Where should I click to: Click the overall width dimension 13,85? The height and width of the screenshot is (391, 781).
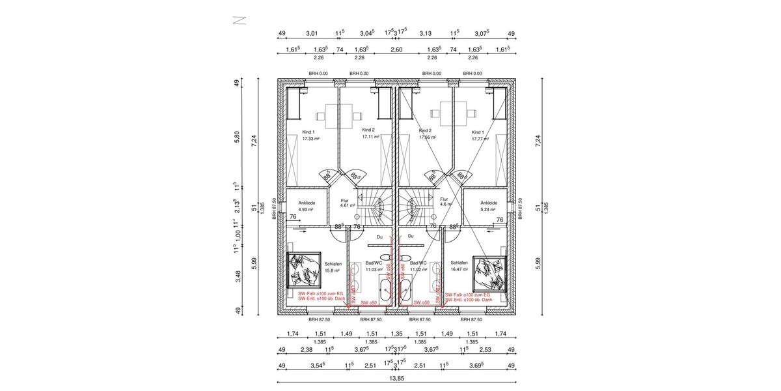pyautogui.click(x=396, y=377)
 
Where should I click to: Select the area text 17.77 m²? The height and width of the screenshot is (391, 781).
pyautogui.click(x=480, y=138)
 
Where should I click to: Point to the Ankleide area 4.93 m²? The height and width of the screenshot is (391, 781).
pyautogui.click(x=306, y=210)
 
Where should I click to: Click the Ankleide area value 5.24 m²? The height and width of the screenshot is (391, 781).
pyautogui.click(x=488, y=210)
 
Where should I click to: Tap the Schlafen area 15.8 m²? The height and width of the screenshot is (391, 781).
pyautogui.click(x=333, y=269)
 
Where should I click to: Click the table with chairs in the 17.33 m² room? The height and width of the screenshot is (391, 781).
pyautogui.click(x=339, y=115)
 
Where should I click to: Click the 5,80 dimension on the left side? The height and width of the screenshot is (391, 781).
pyautogui.click(x=238, y=138)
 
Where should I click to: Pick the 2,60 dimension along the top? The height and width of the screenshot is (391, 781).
pyautogui.click(x=396, y=50)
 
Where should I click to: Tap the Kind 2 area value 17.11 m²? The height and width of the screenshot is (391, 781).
pyautogui.click(x=371, y=138)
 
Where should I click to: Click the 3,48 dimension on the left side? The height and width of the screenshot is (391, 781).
pyautogui.click(x=238, y=276)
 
